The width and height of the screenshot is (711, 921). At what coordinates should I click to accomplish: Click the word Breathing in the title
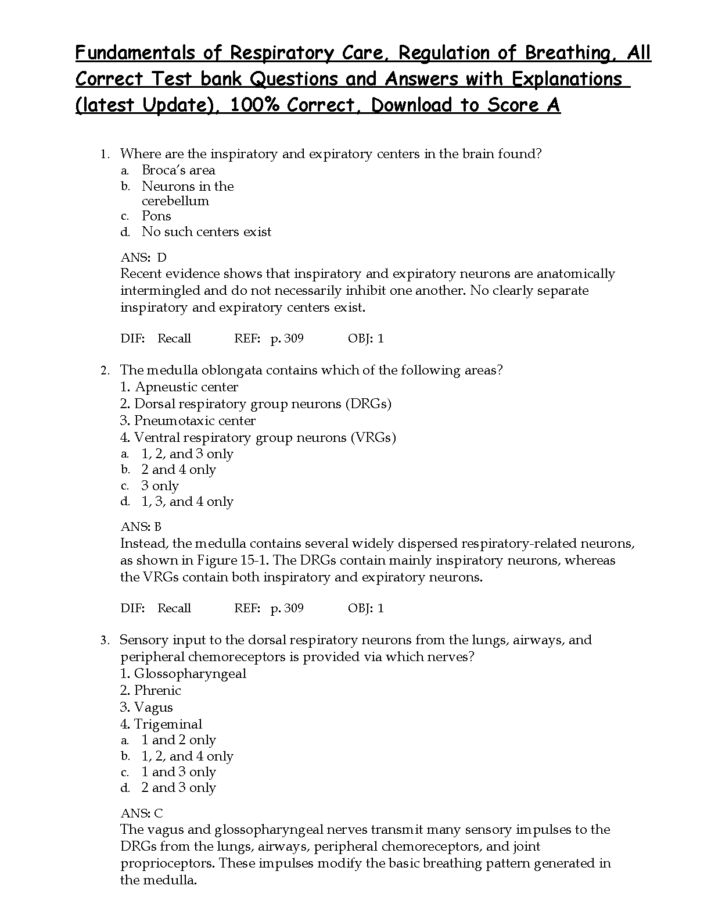pyautogui.click(x=566, y=53)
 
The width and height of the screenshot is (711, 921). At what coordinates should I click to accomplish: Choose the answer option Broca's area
pyautogui.click(x=178, y=170)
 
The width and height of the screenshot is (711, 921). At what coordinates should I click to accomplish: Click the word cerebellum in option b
pyautogui.click(x=175, y=201)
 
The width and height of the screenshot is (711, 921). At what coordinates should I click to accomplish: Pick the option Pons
pyautogui.click(x=156, y=216)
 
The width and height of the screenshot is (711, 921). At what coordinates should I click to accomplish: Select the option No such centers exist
pyautogui.click(x=206, y=232)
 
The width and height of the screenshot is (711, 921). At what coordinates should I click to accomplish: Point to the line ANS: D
pyautogui.click(x=143, y=258)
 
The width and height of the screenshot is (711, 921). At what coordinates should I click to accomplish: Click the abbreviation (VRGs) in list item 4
pyautogui.click(x=373, y=438)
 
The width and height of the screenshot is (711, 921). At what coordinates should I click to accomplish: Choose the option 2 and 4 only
pyautogui.click(x=178, y=470)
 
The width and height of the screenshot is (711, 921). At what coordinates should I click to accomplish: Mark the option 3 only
pyautogui.click(x=160, y=486)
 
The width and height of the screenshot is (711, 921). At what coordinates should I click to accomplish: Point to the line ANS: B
pyautogui.click(x=141, y=527)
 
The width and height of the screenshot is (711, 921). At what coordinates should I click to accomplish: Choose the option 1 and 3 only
pyautogui.click(x=178, y=772)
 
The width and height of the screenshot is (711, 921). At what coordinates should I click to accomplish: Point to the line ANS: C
pyautogui.click(x=142, y=813)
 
